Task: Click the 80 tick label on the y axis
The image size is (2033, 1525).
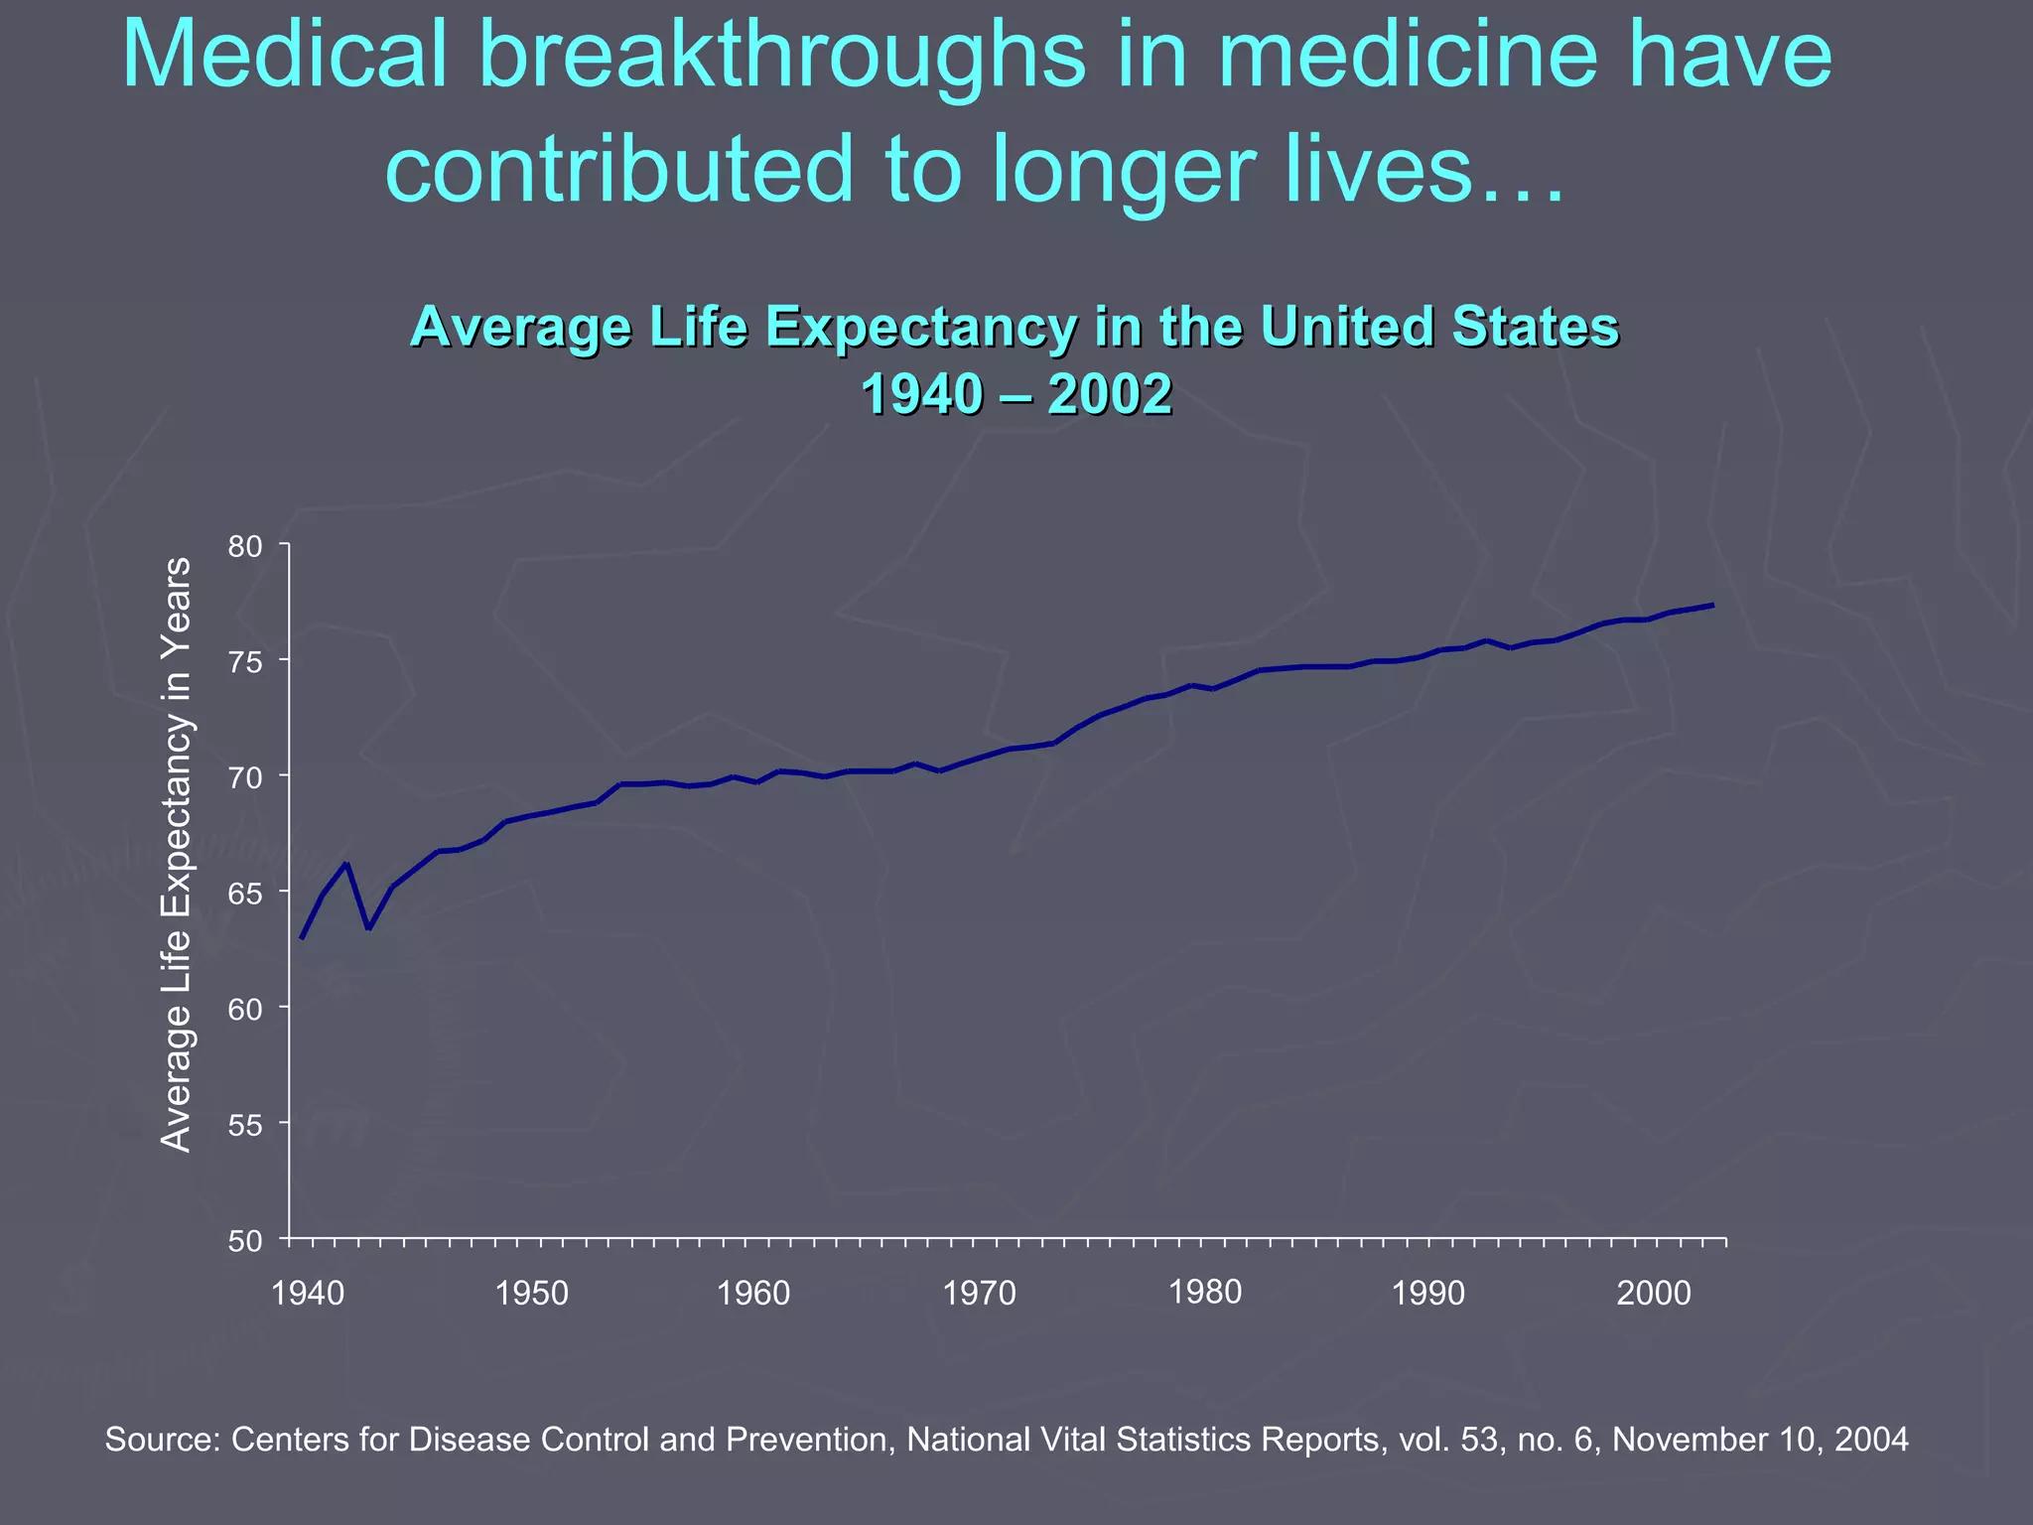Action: pos(244,546)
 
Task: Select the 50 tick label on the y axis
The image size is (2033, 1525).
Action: pos(244,1241)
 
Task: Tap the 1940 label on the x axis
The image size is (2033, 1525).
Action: pos(308,1293)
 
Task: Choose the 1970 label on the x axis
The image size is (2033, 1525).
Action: pos(980,1293)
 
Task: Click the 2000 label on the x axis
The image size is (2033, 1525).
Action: pos(1654,1293)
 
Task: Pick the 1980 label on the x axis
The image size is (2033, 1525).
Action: pos(1205,1292)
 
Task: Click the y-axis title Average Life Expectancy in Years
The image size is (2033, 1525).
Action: pos(177,854)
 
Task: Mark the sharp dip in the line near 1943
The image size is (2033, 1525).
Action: pos(368,928)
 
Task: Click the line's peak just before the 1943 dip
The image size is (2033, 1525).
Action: pos(345,864)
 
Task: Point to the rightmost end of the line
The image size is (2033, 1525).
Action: pos(1712,605)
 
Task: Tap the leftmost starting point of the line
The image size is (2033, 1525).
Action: pos(302,937)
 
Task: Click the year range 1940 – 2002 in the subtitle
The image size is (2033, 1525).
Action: pos(1016,394)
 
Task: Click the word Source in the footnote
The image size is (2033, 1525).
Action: pos(162,1439)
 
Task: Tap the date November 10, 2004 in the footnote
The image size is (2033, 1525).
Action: pos(1760,1439)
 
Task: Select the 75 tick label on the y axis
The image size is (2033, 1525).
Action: pos(244,661)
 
